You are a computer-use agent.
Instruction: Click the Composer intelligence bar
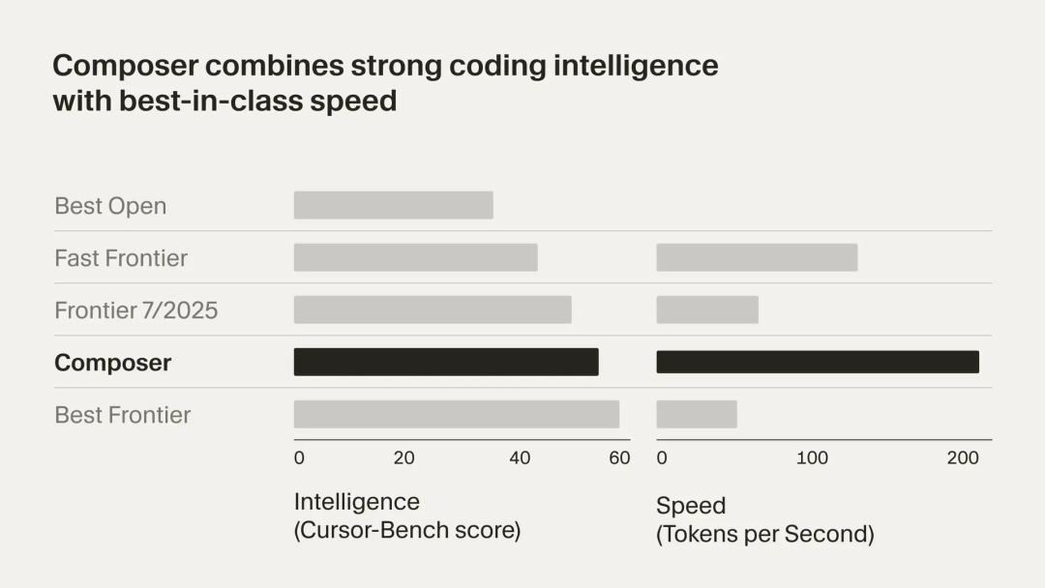(x=446, y=362)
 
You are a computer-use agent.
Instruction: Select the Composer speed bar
(x=818, y=362)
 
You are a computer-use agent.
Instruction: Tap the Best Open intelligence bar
(x=393, y=205)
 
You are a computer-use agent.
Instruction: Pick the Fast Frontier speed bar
(x=757, y=257)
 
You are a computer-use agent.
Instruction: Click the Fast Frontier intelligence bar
(x=415, y=257)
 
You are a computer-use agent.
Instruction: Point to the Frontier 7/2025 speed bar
(x=707, y=309)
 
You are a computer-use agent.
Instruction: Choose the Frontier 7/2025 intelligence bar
(x=433, y=309)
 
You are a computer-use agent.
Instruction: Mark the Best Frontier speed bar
(x=697, y=414)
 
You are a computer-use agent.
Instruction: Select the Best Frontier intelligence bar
(x=457, y=414)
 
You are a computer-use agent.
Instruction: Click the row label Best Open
(x=110, y=206)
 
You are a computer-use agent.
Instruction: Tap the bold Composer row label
(x=112, y=363)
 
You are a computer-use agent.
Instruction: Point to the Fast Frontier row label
(x=121, y=258)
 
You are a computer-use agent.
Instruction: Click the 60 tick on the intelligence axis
(x=619, y=458)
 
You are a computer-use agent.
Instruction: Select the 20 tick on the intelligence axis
(x=404, y=458)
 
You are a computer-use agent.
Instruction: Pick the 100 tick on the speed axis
(x=812, y=458)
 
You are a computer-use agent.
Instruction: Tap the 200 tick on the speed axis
(x=963, y=458)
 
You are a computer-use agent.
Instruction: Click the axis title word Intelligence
(x=356, y=502)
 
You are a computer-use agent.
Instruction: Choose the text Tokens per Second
(x=768, y=534)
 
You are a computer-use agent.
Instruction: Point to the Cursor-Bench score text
(x=407, y=531)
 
